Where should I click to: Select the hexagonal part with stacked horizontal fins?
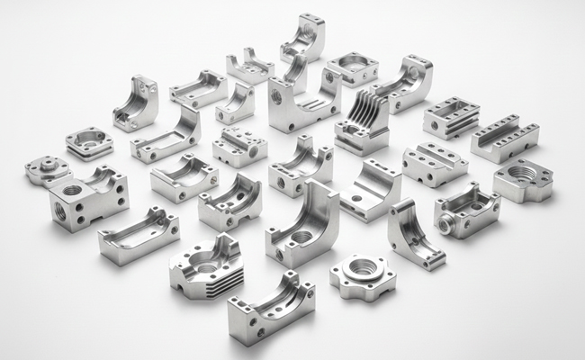(205, 266)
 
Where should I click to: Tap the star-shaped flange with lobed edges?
(362, 277)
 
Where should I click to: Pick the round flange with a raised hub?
(48, 168)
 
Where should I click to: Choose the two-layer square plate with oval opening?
(90, 142)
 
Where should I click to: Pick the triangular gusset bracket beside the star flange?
(414, 233)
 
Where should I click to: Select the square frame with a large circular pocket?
(351, 68)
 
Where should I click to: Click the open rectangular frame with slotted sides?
(451, 116)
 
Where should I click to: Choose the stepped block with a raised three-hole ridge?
(434, 164)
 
